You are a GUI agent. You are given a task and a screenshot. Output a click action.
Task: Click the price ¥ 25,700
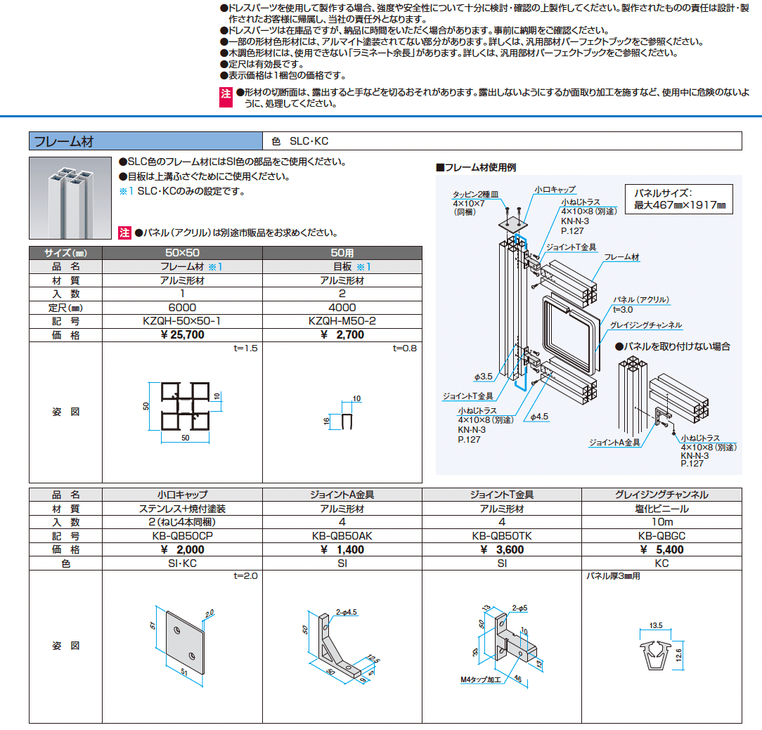tap(182, 335)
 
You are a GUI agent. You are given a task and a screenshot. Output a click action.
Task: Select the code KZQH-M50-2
tap(342, 321)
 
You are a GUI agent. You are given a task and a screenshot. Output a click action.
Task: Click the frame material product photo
tap(70, 197)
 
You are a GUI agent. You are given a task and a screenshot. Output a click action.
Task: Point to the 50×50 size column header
tap(182, 252)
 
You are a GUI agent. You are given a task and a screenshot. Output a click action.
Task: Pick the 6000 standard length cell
tap(182, 308)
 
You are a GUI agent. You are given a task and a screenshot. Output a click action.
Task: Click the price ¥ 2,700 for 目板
tap(342, 335)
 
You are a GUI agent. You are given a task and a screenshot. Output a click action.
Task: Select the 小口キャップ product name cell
tap(182, 495)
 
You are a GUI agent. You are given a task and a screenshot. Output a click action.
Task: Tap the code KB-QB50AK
tap(342, 535)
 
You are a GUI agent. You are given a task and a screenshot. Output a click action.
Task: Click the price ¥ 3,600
tap(501, 549)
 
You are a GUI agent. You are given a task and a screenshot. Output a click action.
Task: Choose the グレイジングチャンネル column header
tap(661, 495)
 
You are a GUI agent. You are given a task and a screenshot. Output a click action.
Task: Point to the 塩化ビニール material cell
tap(661, 509)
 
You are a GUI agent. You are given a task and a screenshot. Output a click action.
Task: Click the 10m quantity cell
tap(661, 522)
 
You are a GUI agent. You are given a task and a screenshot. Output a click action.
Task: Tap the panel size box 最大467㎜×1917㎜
tap(678, 199)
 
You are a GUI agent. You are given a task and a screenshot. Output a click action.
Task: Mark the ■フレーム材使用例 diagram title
tap(476, 168)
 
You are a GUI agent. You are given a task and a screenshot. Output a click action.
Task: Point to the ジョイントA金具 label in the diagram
tap(614, 443)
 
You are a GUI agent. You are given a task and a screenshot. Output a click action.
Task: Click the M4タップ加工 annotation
tap(480, 680)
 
